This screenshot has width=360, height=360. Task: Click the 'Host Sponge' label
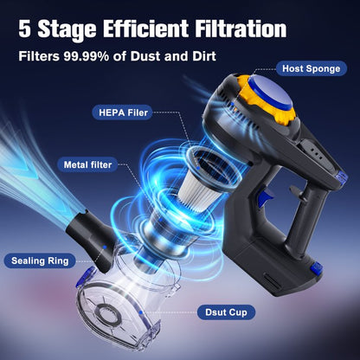click(311, 68)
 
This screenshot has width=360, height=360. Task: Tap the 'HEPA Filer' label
click(123, 112)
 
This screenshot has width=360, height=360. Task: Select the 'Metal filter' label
click(87, 164)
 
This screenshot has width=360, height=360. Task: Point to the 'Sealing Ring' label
click(40, 260)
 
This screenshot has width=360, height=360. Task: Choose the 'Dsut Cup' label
click(226, 312)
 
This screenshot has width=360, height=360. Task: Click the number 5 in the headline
click(24, 29)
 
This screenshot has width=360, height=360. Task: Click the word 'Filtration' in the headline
click(241, 29)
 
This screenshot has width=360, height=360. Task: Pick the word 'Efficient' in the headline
click(145, 29)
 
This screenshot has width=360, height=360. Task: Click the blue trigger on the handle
click(265, 196)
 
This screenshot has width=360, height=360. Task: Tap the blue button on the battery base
click(316, 269)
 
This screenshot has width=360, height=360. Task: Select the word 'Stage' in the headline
click(67, 30)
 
